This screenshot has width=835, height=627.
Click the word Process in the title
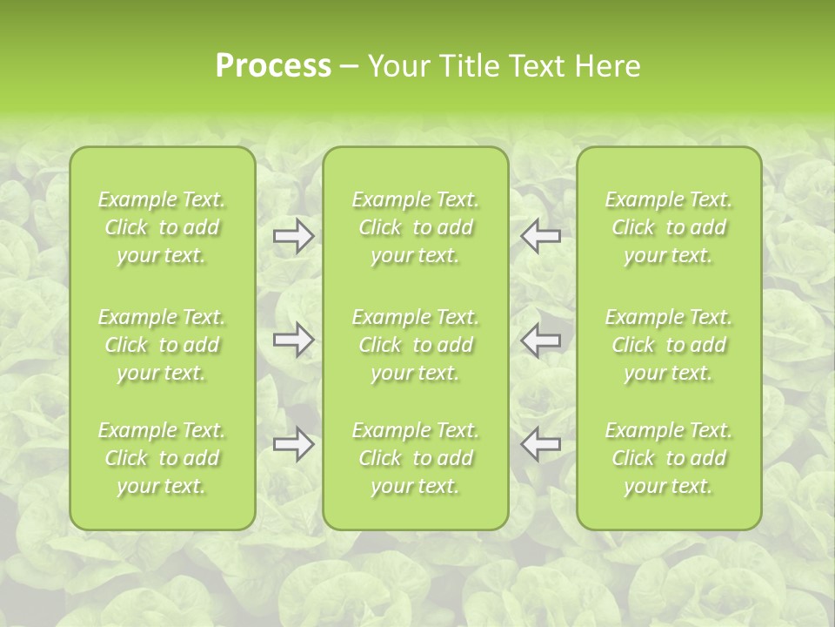(273, 66)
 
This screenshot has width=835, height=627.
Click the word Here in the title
(608, 66)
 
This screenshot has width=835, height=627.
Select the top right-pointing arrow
(294, 235)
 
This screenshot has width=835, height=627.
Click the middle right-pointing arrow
(294, 340)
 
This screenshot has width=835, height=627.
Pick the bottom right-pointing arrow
(294, 444)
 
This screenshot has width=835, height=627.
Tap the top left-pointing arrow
(540, 235)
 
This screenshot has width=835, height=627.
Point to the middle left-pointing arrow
(540, 340)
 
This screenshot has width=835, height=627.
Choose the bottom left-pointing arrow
(540, 444)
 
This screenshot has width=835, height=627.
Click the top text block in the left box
(162, 227)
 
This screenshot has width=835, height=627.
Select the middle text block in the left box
(162, 345)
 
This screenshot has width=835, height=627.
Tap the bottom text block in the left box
(162, 458)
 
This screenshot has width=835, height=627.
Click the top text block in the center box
(416, 227)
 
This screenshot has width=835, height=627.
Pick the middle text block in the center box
(416, 345)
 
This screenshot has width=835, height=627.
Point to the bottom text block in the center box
(416, 458)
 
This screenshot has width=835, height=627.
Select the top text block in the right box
(669, 227)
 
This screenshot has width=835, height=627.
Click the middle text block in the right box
(669, 345)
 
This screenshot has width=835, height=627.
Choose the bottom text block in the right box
(669, 458)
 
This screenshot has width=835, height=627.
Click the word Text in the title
(537, 66)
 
